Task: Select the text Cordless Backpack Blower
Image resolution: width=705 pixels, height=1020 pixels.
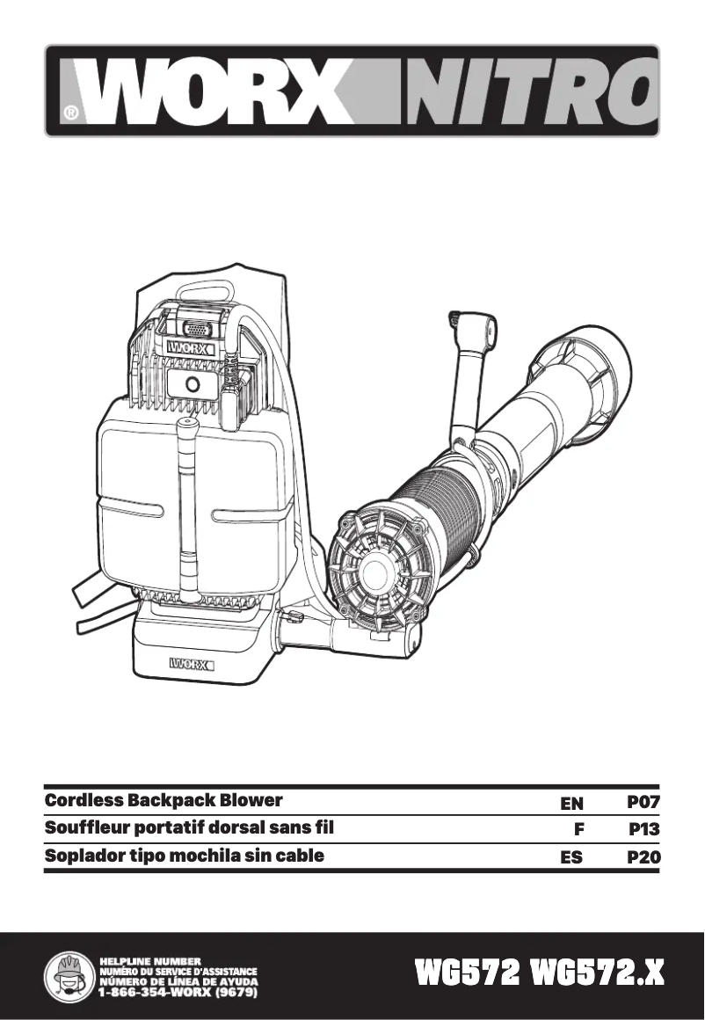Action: pos(164,800)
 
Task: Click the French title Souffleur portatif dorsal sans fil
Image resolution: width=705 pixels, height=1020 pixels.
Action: pos(189,827)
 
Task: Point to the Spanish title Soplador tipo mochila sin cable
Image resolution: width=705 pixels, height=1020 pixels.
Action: pos(185,855)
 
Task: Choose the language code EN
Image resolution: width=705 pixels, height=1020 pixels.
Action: pos(571,803)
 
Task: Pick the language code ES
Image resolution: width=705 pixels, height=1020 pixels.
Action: pos(571,856)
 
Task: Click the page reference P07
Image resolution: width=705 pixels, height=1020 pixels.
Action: pos(643,802)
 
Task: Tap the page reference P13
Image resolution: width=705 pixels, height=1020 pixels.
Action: pos(644,829)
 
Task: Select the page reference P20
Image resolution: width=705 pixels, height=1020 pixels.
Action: pos(643,856)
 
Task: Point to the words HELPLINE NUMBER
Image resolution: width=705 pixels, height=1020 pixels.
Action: pos(151,959)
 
